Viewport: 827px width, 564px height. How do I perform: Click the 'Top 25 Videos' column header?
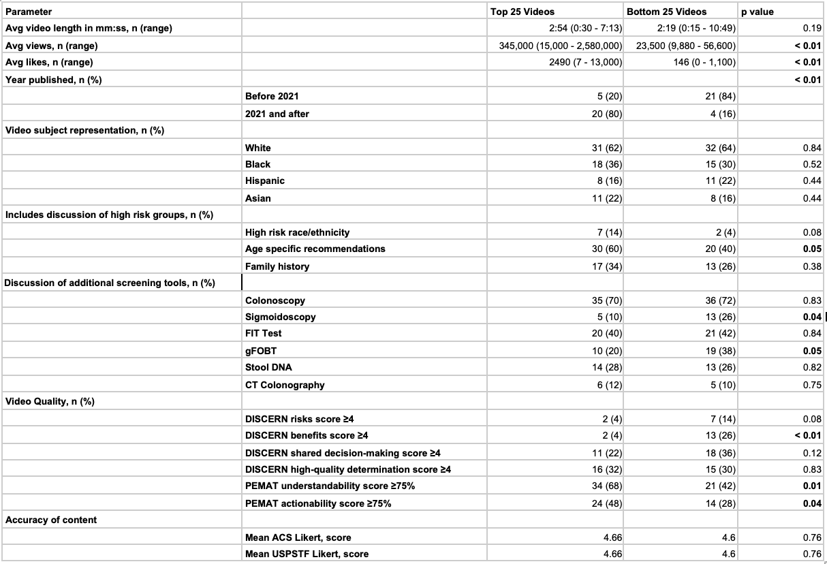[x=522, y=12]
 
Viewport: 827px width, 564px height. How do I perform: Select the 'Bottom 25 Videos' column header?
[x=666, y=12]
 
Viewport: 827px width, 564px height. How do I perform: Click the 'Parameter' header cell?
[x=29, y=12]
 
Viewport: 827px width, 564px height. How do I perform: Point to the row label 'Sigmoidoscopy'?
[x=280, y=317]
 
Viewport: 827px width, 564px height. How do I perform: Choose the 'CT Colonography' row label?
[x=285, y=385]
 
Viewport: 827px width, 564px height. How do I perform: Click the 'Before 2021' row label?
[x=271, y=97]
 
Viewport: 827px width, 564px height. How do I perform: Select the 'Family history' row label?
[x=277, y=266]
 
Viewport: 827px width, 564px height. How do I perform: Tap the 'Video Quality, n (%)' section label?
[x=50, y=401]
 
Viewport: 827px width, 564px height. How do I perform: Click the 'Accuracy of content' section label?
[x=51, y=520]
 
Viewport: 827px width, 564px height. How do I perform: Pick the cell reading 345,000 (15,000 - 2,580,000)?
[x=561, y=46]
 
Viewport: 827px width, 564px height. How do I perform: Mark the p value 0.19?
[x=812, y=29]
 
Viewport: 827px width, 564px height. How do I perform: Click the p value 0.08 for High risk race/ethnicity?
[x=812, y=232]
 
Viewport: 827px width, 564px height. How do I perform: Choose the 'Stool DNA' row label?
[x=269, y=368]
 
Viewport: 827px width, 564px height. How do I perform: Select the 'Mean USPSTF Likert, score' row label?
[x=307, y=554]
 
